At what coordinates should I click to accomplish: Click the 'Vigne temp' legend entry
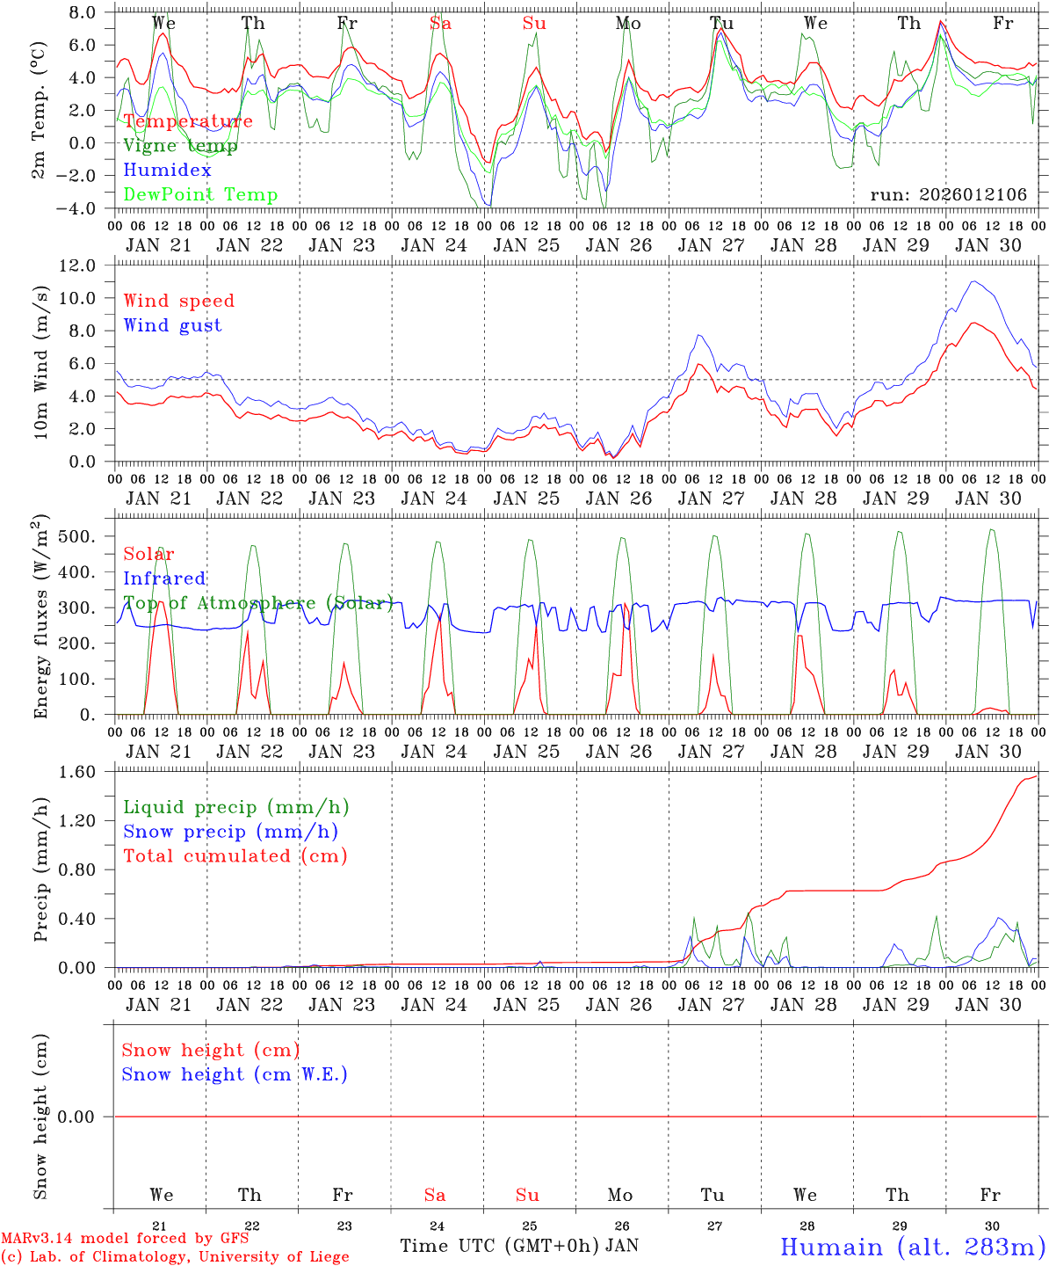[180, 146]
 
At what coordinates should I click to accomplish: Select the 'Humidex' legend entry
[167, 171]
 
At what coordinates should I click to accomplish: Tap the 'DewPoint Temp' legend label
[200, 195]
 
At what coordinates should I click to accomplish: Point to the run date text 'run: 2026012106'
[948, 195]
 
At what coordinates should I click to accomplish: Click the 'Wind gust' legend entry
[172, 325]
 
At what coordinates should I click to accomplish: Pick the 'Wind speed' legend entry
[178, 301]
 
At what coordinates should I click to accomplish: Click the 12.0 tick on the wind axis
[86, 266]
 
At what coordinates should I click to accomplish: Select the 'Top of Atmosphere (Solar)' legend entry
[258, 603]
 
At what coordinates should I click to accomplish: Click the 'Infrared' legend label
[164, 578]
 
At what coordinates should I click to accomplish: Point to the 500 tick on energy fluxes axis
[86, 536]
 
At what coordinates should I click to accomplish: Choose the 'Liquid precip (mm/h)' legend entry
[235, 807]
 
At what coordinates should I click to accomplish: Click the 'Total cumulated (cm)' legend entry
[235, 856]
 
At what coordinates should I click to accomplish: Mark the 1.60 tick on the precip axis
[86, 772]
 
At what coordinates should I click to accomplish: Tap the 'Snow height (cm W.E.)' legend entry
[235, 1074]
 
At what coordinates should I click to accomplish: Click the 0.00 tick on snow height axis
[86, 1117]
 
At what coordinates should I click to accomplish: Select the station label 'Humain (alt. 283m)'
[912, 1247]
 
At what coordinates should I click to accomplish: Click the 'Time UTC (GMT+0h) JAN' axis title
[519, 1246]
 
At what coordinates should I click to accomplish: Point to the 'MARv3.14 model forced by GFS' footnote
[124, 1239]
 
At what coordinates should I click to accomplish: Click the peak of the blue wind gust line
[973, 281]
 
